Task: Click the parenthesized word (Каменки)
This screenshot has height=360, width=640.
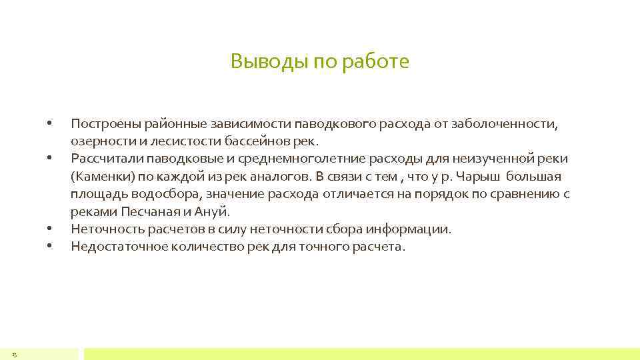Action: tap(98, 177)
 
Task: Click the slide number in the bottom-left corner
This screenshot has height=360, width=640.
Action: tap(14, 354)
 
